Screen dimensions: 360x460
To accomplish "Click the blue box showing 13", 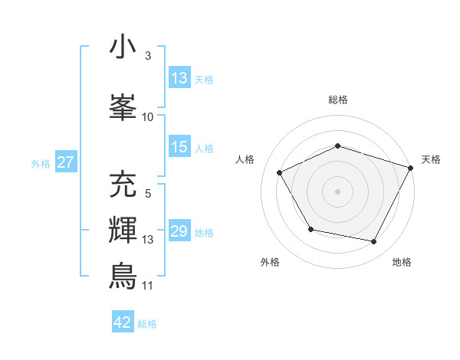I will pos(179,77).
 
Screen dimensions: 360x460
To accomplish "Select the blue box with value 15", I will pos(179,147).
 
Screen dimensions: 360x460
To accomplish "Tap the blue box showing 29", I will pos(179,231).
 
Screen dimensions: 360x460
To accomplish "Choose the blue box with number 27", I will pos(65,162).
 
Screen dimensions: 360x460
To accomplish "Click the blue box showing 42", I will pos(123,322).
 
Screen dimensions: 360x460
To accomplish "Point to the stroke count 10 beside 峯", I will pos(148,116).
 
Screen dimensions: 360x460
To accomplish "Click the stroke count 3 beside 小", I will pos(147,57).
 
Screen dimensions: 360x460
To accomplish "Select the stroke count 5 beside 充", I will pos(147,194).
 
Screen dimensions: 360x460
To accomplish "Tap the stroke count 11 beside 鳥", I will pos(147,286).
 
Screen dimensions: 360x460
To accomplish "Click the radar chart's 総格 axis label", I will pos(338,100).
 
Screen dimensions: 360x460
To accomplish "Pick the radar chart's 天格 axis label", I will pos(431,159).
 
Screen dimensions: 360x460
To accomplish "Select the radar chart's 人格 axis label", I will pos(245,159).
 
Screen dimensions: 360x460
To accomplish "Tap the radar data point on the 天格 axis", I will pos(412,167).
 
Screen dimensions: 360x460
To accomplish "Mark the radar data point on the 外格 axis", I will pos(310,229).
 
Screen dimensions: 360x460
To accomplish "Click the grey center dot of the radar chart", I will pos(338,191).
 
